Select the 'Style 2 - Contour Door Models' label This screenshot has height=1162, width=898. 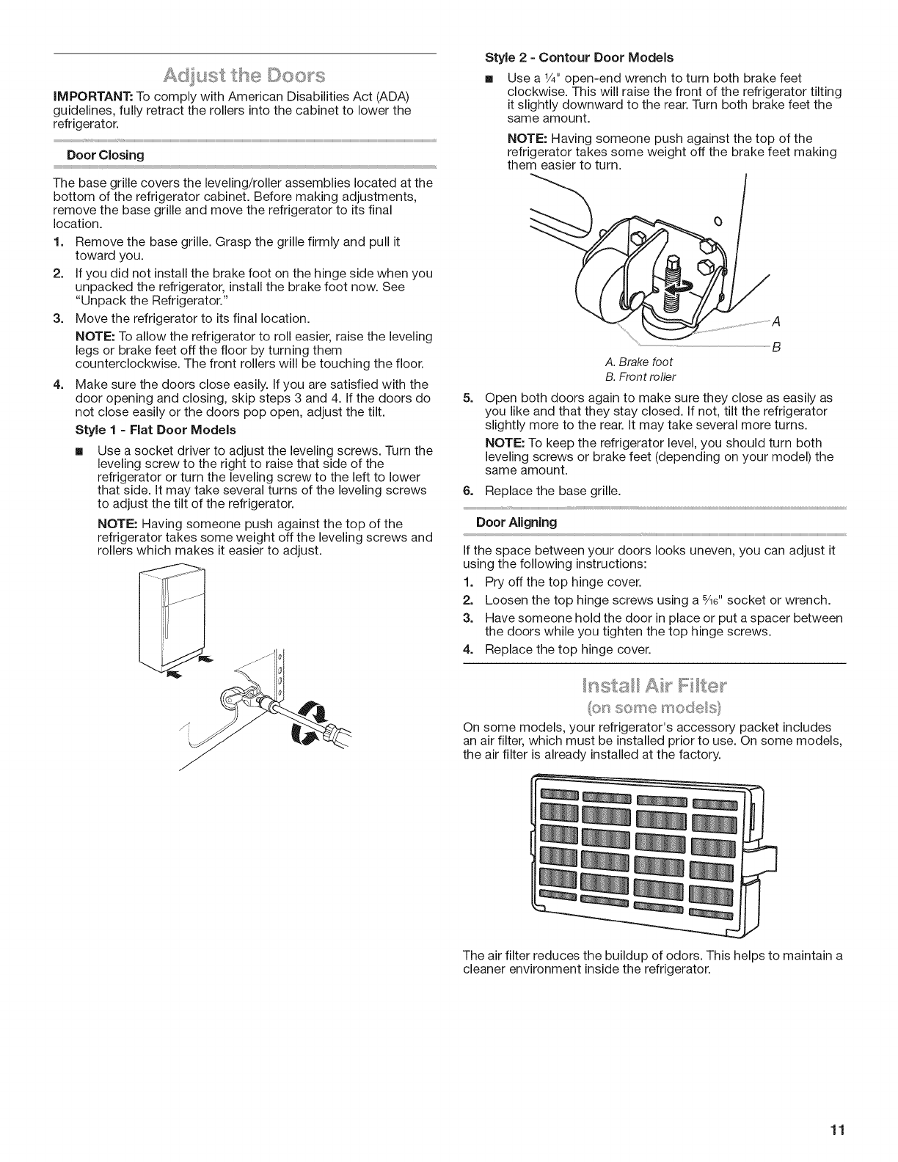pos(580,56)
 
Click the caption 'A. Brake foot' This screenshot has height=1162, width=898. pos(639,362)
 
